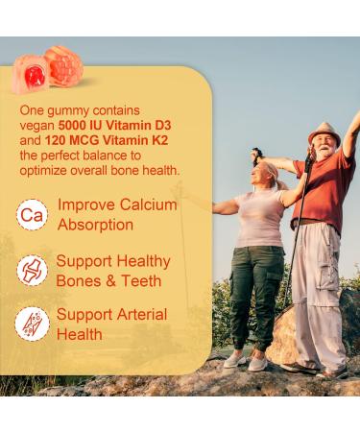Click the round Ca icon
[32, 214]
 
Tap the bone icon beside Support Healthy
[32, 270]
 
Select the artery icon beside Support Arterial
[32, 324]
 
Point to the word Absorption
[95, 224]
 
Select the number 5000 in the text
[77, 126]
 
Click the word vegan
[38, 126]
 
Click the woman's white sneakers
[246, 361]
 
